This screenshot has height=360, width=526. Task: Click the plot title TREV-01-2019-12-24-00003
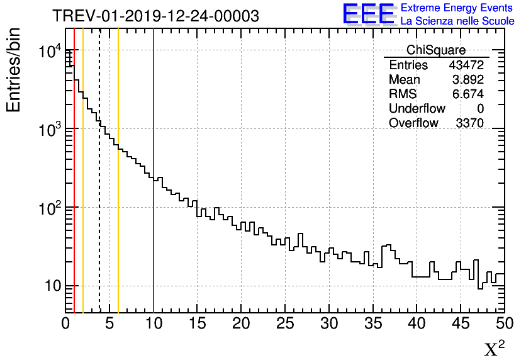click(x=155, y=16)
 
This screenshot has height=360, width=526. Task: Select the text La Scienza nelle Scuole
click(x=457, y=21)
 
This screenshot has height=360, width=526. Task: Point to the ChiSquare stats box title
click(x=436, y=50)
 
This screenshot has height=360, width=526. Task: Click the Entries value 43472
click(x=466, y=65)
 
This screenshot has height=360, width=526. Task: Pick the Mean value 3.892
click(x=469, y=80)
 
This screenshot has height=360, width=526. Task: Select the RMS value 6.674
click(x=469, y=94)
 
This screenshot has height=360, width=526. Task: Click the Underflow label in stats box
click(x=417, y=109)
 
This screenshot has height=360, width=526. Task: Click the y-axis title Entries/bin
click(x=14, y=70)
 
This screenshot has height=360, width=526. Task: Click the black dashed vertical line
click(x=99, y=189)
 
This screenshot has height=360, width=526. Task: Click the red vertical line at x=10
click(x=154, y=239)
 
